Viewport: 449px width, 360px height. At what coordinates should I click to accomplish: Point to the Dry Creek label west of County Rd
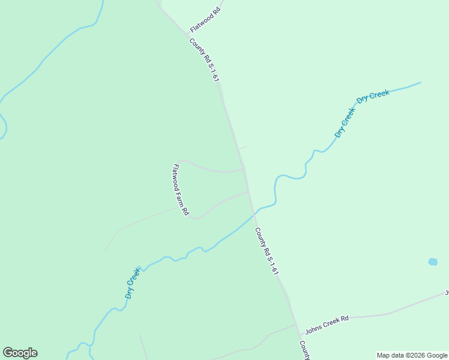tap(133, 284)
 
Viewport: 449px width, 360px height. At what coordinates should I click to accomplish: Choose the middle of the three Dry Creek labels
tap(345, 122)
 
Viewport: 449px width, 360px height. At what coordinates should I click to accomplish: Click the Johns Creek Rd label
tap(327, 325)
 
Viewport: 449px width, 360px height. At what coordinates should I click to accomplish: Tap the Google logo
tap(20, 353)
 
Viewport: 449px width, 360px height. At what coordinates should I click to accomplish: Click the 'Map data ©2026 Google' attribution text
tap(412, 355)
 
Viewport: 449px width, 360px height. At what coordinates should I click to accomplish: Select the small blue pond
tap(433, 262)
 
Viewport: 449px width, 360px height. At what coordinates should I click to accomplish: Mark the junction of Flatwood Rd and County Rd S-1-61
tap(185, 35)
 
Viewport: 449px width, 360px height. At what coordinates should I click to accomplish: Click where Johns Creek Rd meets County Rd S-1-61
tap(296, 325)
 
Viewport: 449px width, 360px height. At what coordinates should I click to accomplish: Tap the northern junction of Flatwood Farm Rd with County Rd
tap(243, 170)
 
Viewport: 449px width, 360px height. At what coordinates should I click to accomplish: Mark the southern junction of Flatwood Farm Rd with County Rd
tap(249, 192)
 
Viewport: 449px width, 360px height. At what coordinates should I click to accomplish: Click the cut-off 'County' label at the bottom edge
tap(305, 350)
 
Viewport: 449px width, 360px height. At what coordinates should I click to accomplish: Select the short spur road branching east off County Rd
tap(241, 148)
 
